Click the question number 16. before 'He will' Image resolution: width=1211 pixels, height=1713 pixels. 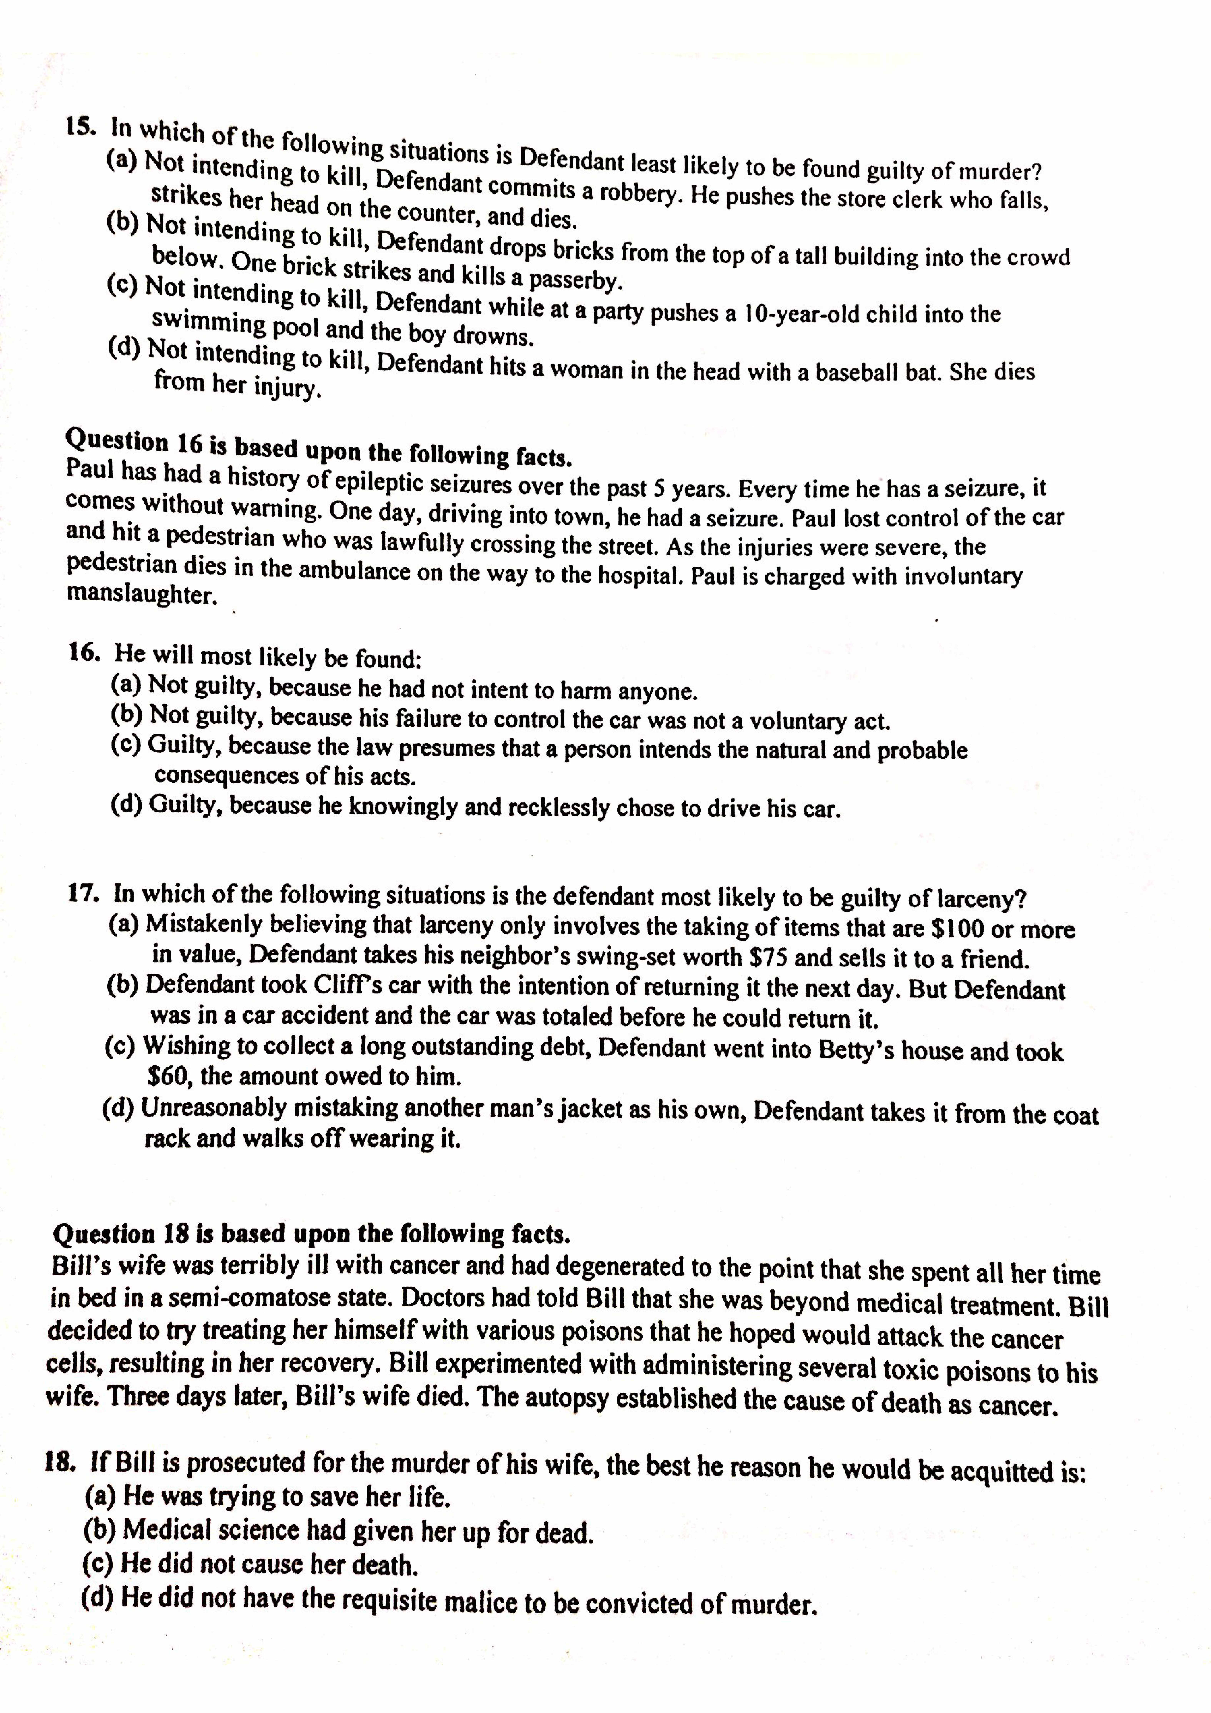click(x=84, y=652)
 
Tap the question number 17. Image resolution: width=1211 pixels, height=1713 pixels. click(x=84, y=893)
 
